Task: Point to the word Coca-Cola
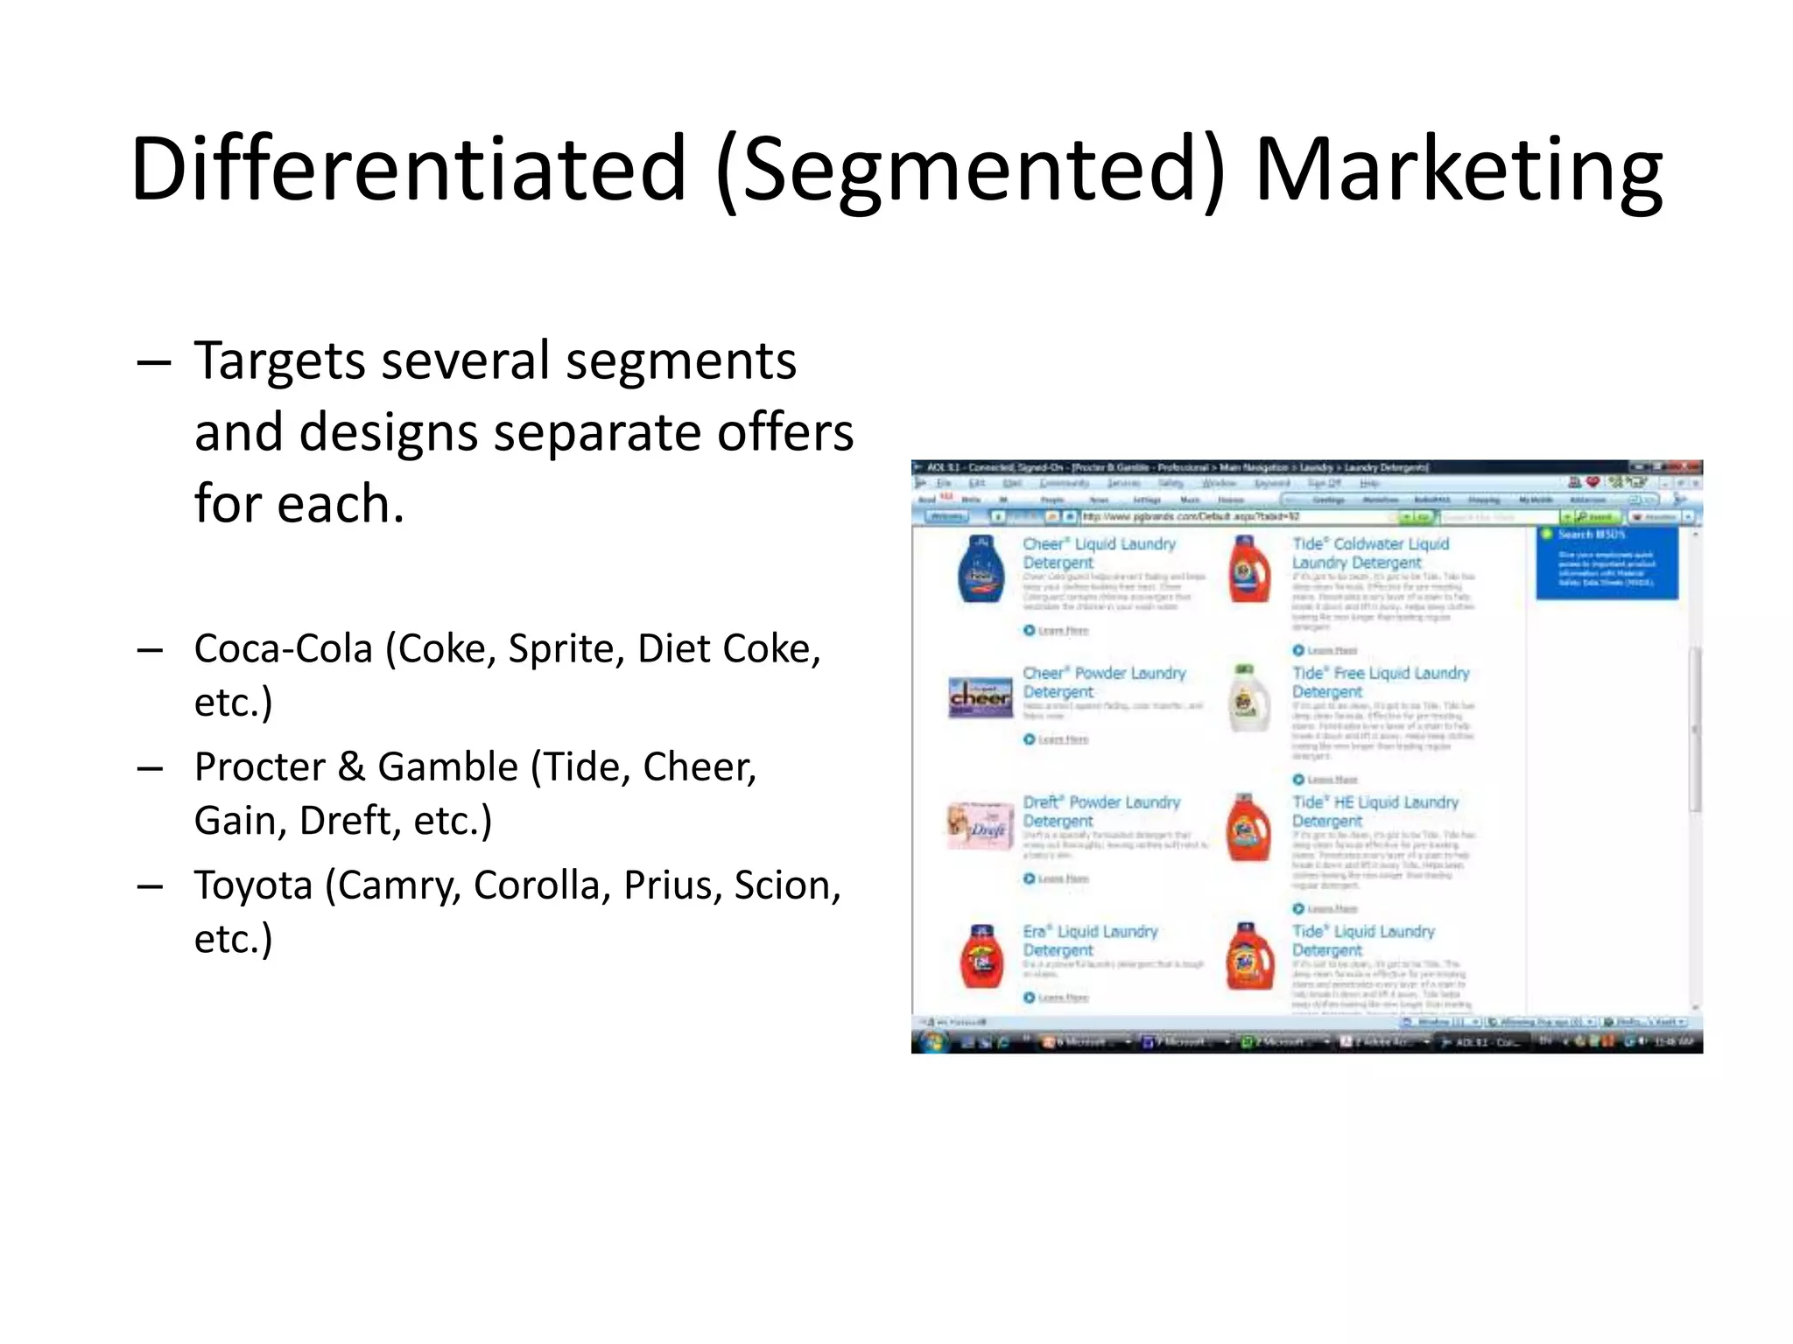point(284,649)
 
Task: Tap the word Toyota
point(253,885)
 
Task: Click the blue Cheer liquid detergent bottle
point(981,570)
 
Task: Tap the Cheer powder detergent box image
point(981,697)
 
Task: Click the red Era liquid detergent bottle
point(981,956)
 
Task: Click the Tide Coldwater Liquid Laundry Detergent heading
point(1370,553)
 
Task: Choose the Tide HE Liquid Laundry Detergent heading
point(1375,811)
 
